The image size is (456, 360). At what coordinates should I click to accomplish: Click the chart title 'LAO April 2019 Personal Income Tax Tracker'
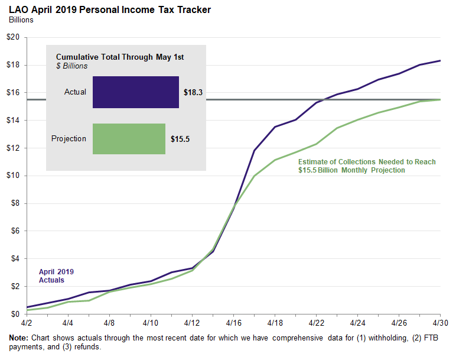point(110,10)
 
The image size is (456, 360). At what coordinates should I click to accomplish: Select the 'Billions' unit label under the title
point(21,20)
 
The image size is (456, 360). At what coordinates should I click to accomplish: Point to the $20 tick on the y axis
point(13,37)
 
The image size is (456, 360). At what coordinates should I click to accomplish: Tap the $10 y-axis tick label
point(13,176)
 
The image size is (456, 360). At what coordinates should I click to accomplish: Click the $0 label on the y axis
point(15,314)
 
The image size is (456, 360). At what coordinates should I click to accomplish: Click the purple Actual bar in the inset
point(135,92)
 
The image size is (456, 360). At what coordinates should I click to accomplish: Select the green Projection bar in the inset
point(129,139)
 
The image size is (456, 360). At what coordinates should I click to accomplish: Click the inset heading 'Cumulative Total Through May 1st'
point(120,57)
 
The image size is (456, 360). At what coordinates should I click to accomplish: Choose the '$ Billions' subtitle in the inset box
point(71,66)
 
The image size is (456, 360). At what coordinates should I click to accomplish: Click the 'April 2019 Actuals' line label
point(56,276)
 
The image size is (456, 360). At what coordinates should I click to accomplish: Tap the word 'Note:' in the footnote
point(19,338)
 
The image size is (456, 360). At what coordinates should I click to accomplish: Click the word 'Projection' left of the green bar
point(69,139)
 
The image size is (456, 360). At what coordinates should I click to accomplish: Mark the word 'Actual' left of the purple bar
point(75,92)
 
